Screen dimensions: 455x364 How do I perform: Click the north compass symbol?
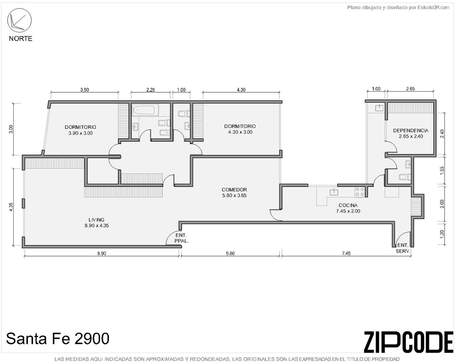pos(19,21)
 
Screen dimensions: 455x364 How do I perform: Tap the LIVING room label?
pos(97,223)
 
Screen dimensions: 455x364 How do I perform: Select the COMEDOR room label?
pos(234,193)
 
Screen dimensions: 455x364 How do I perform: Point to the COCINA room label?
pos(348,208)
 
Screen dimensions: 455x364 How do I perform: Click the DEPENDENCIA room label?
pos(411,133)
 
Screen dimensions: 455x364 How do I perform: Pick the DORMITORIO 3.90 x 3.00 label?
pos(80,130)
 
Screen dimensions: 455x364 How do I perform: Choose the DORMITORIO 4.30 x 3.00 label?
pos(240,129)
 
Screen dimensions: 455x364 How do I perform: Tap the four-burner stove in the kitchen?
pos(360,192)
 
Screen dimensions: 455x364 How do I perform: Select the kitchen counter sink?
pos(334,192)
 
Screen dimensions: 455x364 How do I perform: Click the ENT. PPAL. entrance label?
pos(181,238)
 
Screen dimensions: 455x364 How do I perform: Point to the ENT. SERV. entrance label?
pos(403,248)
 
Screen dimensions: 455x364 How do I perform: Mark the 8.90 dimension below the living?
pos(102,253)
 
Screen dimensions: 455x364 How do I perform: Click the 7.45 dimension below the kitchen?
pos(346,253)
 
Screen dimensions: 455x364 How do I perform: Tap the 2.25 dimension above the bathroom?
pos(150,90)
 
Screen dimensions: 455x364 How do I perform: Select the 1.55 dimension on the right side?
pos(442,171)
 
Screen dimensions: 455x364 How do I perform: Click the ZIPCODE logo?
pos(409,342)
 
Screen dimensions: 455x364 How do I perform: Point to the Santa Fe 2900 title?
pos(58,339)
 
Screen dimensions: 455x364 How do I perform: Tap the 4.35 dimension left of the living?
pos(11,207)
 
